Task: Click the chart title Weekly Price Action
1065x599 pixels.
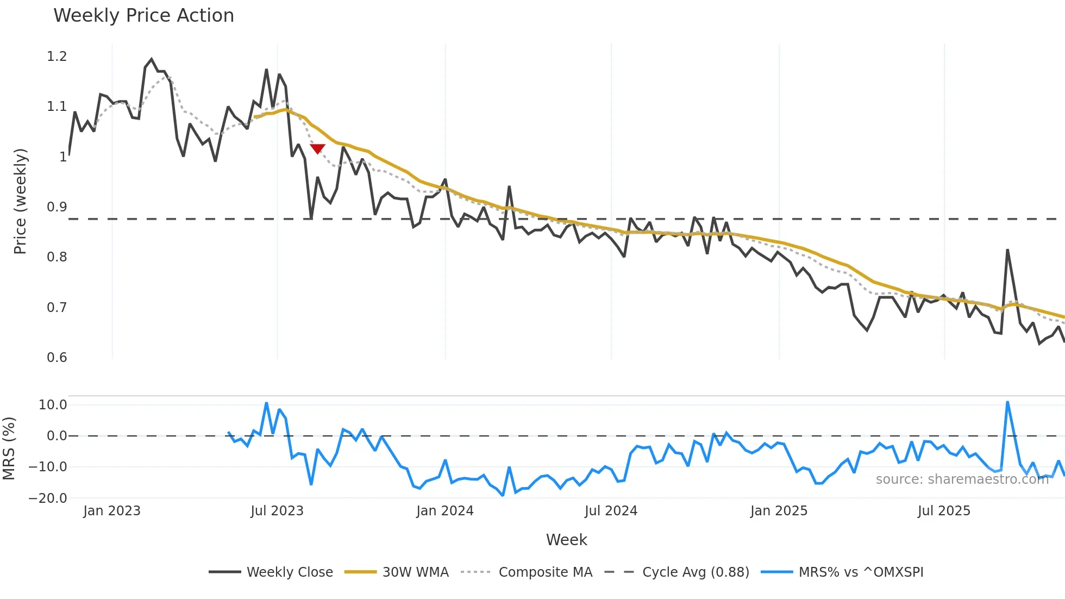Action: pos(143,16)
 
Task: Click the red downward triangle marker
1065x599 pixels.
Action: pos(317,148)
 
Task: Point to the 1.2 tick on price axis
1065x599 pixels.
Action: pos(57,57)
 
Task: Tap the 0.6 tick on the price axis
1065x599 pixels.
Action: pos(57,358)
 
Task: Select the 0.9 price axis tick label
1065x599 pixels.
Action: pos(57,207)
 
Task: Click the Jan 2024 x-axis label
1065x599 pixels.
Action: pos(444,511)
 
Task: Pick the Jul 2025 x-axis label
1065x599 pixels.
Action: pos(943,511)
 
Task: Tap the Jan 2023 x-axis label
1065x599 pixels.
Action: pos(112,511)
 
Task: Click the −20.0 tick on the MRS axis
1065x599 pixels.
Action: pos(48,498)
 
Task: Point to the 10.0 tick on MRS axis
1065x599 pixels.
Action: pos(53,405)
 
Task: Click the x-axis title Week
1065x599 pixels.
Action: pos(566,540)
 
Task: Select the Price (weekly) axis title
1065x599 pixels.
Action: pos(20,201)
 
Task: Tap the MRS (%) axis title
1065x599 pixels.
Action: pos(9,448)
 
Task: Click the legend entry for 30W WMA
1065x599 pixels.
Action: pos(415,572)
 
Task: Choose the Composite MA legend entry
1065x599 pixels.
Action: pos(545,572)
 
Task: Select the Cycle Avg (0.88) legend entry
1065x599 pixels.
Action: pos(695,572)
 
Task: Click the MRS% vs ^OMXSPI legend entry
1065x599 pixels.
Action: pos(860,572)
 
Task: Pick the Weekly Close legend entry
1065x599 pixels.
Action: pos(289,572)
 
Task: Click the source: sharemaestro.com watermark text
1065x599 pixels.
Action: pos(962,479)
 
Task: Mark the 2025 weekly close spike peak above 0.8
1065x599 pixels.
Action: pos(1007,251)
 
